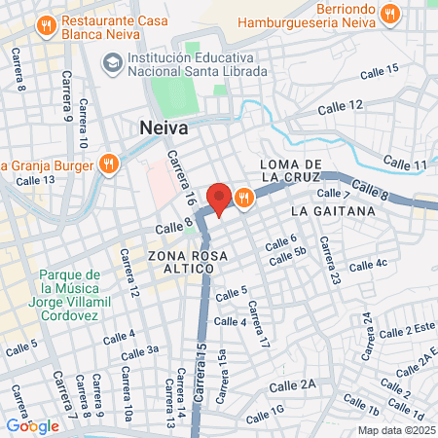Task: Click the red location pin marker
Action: point(220,198)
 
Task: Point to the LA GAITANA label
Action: point(326,210)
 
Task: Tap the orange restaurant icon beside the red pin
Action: point(242,197)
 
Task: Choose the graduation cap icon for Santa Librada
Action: point(112,63)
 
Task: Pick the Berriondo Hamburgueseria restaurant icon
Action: point(390,14)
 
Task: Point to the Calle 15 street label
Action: point(379,70)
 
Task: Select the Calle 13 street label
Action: point(35,180)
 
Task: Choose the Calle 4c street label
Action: point(368,264)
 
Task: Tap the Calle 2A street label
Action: point(295,385)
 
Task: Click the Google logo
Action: point(32,424)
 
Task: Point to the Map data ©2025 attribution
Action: point(395,430)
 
